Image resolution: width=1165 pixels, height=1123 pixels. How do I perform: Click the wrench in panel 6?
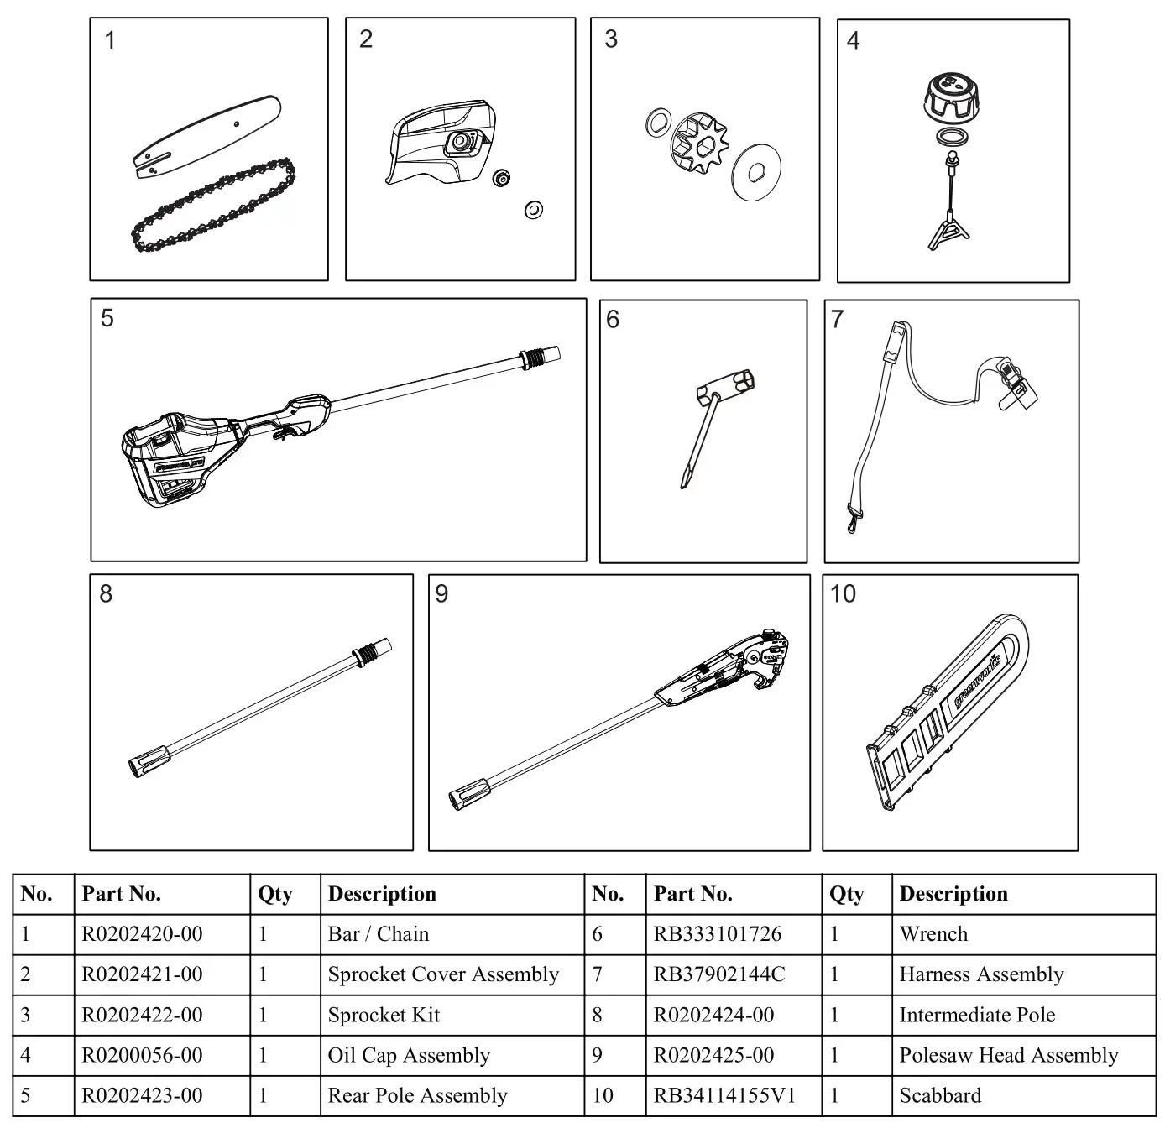coord(713,420)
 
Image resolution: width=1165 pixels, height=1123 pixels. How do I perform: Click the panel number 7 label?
coord(837,319)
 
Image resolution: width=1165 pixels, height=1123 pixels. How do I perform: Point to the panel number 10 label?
coord(843,594)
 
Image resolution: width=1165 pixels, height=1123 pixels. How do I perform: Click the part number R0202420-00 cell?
coord(142,934)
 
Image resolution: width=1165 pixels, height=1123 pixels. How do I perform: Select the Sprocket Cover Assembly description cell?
coord(443,974)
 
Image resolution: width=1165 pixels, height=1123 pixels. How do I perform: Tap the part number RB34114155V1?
coord(724,1095)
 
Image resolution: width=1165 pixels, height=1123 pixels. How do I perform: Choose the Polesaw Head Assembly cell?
coord(1008,1055)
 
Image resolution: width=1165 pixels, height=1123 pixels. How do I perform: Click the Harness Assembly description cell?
coord(981,974)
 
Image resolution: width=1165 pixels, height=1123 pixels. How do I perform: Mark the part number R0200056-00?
coord(142,1055)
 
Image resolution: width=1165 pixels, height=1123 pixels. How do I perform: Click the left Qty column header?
coord(275,894)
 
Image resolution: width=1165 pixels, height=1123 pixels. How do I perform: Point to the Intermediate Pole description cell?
coord(977,1015)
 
